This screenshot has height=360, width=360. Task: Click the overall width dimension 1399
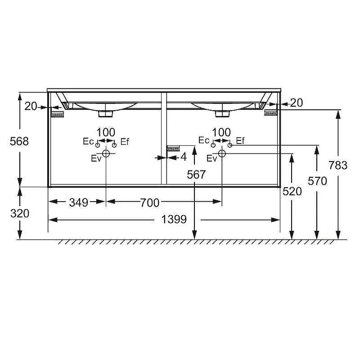point(174,219)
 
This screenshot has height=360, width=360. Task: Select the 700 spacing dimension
point(150,202)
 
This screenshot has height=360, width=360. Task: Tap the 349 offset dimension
point(78,202)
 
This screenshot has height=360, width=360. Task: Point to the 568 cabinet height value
point(19,141)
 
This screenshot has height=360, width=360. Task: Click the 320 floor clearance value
point(20,213)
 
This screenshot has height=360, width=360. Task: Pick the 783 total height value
point(338,165)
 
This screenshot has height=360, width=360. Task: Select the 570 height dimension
point(317,181)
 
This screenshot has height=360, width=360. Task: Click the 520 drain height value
point(292,191)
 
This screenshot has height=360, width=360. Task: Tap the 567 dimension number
point(196,175)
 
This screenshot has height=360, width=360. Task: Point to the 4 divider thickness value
point(184,157)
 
